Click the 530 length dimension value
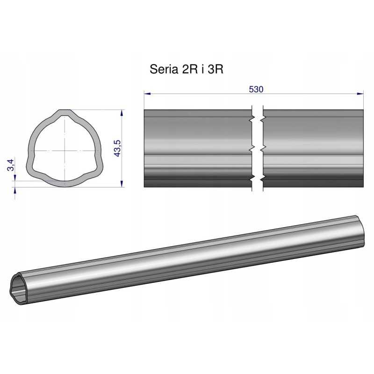(x=256, y=89)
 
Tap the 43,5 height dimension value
(x=117, y=148)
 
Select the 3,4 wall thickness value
(x=11, y=165)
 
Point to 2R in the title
(x=189, y=69)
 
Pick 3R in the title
(x=216, y=69)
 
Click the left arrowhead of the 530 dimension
(x=147, y=94)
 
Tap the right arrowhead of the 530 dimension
(x=360, y=94)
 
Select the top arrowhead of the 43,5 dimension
(x=122, y=113)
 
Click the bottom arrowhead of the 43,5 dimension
(x=122, y=184)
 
